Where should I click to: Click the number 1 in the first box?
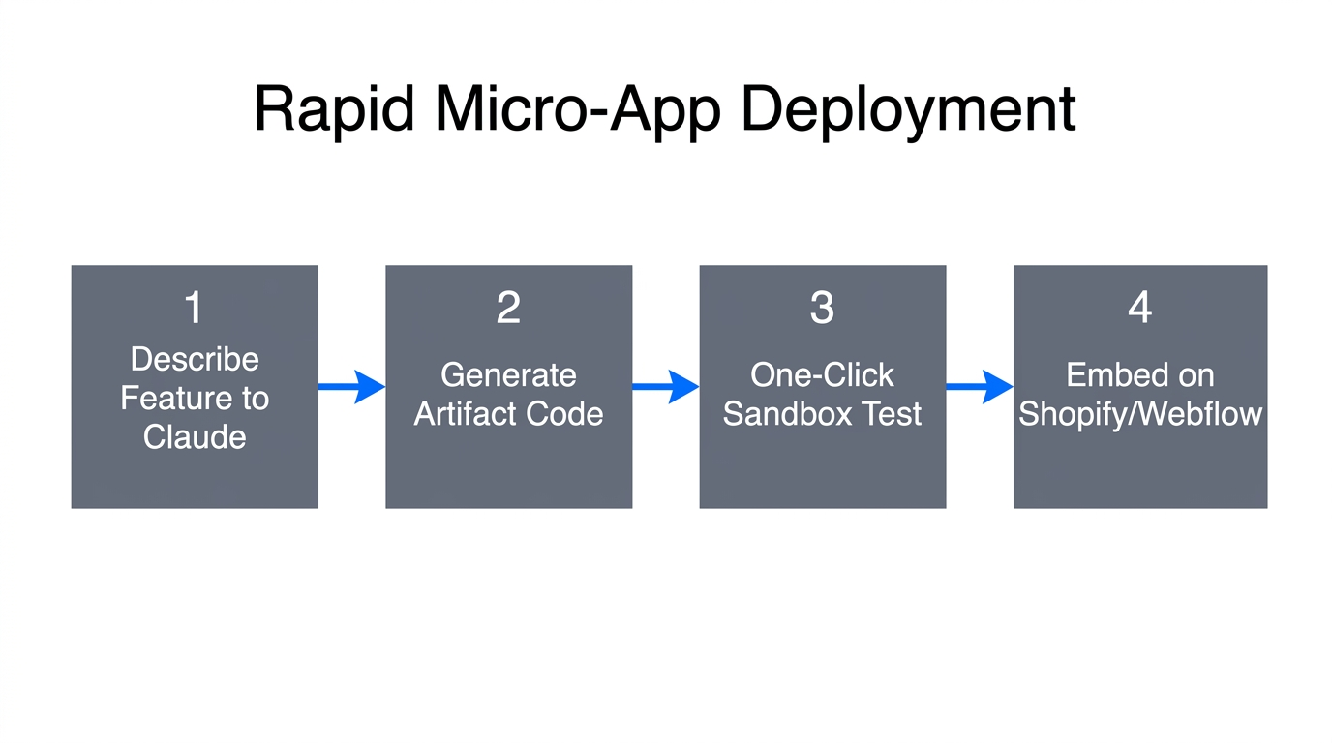pos(194,308)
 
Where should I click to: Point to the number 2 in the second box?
pos(508,308)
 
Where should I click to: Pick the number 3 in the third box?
pos(822,308)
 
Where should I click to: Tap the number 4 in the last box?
pos(1139,308)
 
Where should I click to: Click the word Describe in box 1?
pos(195,359)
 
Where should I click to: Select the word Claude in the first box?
pos(195,436)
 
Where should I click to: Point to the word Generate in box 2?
pos(508,374)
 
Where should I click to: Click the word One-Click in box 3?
pos(822,374)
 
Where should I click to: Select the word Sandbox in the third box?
pos(783,413)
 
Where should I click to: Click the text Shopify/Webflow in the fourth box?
pos(1139,413)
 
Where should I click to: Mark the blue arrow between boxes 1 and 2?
pos(351,386)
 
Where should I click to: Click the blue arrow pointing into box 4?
pos(979,386)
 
